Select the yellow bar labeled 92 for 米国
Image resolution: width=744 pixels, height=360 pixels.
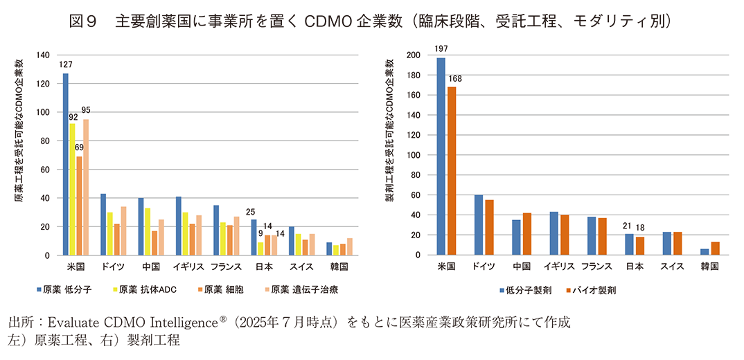[73, 190]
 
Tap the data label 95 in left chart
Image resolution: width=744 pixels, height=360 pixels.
[86, 110]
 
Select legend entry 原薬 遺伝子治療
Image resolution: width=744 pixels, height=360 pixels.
[303, 289]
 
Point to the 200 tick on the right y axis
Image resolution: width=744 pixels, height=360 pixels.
[413, 55]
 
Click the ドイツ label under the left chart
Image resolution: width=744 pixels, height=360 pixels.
[112, 267]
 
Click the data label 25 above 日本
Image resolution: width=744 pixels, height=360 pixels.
[251, 211]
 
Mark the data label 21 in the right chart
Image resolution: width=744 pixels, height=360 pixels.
[628, 225]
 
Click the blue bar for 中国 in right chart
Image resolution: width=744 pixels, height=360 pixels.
[516, 237]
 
